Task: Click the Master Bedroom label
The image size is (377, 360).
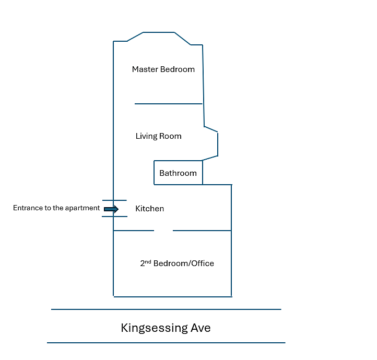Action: (163, 69)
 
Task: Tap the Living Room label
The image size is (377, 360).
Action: (158, 136)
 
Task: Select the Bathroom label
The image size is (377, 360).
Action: (178, 173)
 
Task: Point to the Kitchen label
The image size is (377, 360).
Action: (149, 209)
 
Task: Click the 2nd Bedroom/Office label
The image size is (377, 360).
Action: (177, 263)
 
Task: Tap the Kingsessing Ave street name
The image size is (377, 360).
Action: (166, 328)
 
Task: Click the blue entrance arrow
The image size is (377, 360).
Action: (111, 209)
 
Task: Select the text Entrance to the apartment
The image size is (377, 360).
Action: (56, 208)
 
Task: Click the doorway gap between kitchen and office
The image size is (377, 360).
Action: (163, 231)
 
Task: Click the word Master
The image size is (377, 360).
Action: (145, 69)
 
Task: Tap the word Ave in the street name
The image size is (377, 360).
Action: (201, 328)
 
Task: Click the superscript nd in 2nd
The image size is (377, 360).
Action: (148, 261)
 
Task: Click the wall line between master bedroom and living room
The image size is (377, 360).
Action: (169, 104)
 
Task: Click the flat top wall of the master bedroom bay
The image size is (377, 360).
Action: (159, 32)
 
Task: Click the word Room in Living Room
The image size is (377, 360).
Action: (170, 136)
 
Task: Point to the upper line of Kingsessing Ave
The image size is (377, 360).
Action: (166, 309)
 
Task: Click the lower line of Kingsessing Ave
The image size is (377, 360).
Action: (166, 343)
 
